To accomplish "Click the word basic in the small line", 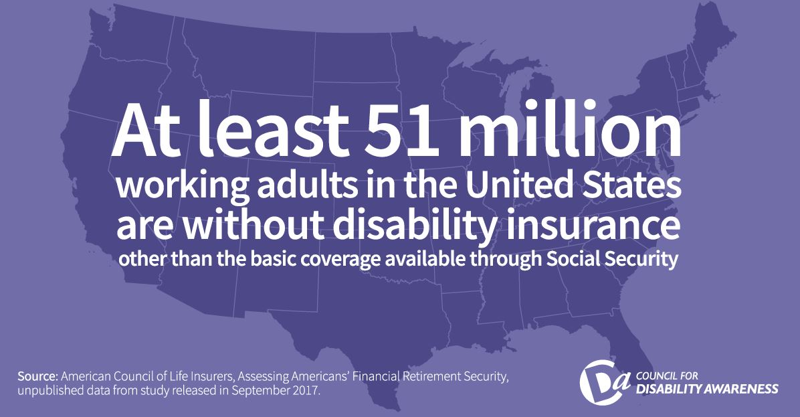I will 273,259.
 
